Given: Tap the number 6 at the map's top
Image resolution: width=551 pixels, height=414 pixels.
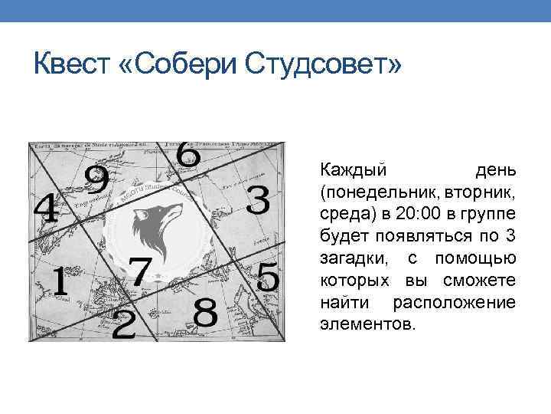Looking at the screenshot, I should [x=187, y=153].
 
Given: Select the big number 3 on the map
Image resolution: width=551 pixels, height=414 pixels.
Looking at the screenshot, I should [x=259, y=201].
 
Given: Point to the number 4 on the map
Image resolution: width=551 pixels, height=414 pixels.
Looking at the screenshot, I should [x=46, y=209].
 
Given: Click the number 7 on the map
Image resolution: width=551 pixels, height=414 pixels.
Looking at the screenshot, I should [x=139, y=272].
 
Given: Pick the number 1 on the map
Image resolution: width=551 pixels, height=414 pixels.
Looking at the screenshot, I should [x=57, y=285].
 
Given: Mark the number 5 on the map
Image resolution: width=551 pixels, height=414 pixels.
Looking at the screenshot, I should [x=267, y=278].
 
